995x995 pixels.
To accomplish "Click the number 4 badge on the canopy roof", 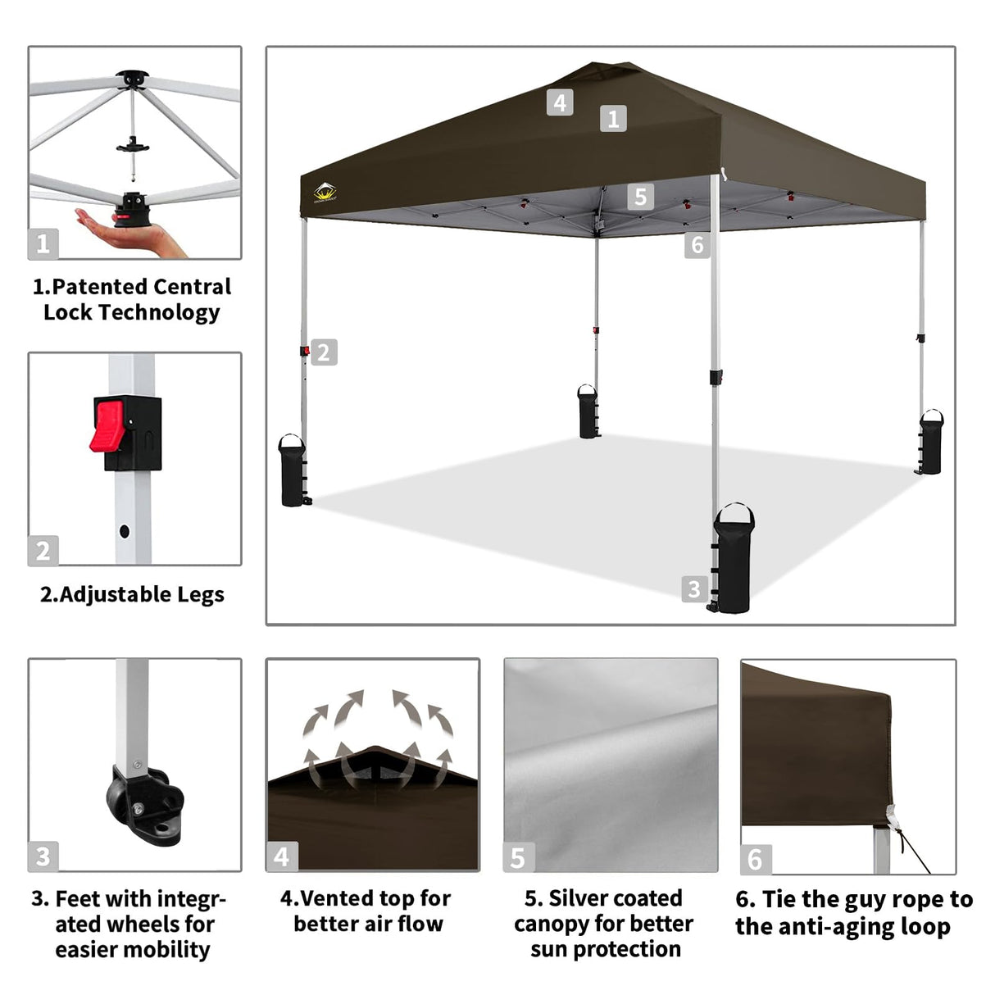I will click(x=560, y=102).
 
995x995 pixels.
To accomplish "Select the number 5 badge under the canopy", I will click(x=640, y=197).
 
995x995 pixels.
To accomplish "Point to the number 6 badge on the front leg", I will click(x=697, y=245).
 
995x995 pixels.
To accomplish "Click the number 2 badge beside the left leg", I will click(x=324, y=352).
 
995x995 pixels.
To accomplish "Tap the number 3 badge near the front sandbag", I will click(x=693, y=588).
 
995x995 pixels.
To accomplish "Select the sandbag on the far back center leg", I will click(x=588, y=411).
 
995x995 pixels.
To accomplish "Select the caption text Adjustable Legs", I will click(x=141, y=594).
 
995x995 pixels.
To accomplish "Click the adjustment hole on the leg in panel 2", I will click(x=125, y=531).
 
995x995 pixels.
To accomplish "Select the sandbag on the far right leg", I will click(x=930, y=443).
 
